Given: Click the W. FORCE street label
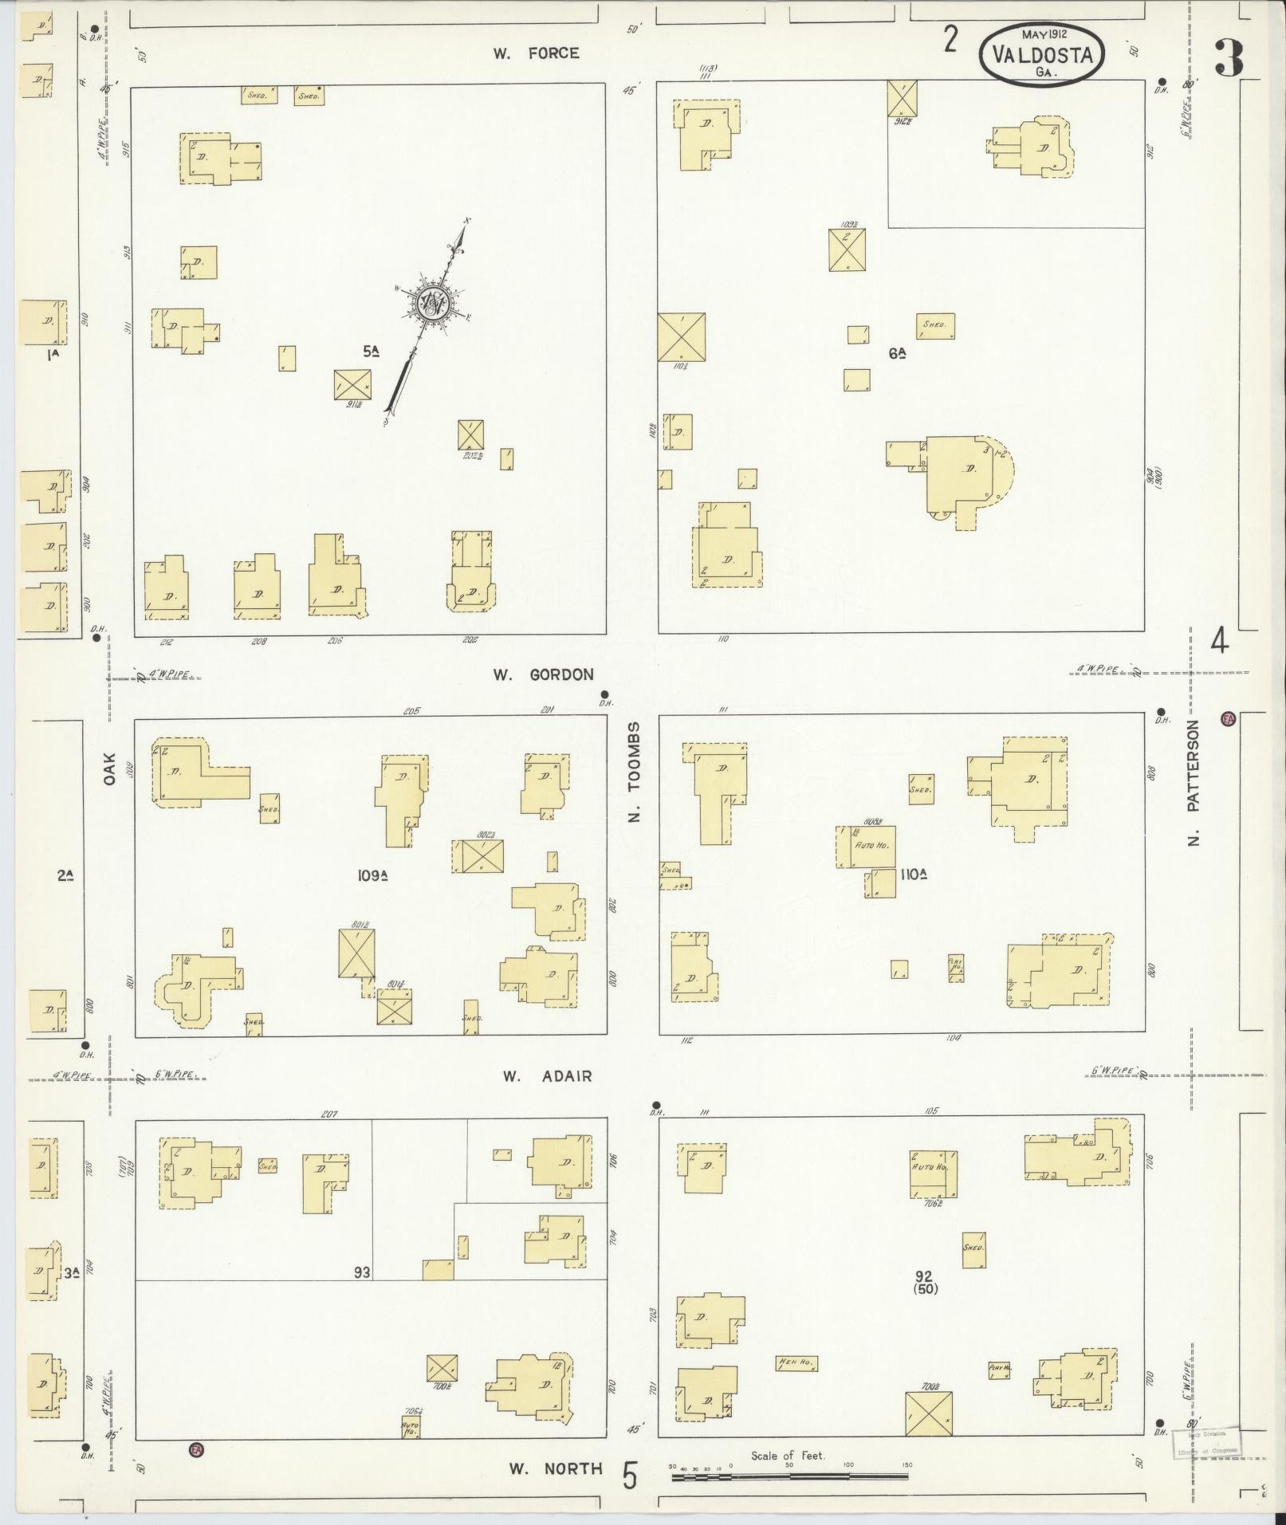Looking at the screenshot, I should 535,53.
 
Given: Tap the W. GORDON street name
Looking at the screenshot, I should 543,674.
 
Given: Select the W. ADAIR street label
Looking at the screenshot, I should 547,1076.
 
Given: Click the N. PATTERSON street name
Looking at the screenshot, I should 1194,782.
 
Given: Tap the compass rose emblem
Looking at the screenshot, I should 433,305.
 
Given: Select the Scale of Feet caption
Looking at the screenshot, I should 788,1456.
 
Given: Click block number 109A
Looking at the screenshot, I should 372,875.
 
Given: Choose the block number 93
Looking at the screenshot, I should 362,1273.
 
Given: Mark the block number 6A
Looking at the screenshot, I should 898,353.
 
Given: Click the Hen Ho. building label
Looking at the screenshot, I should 796,1363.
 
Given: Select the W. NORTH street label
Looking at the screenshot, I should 556,1468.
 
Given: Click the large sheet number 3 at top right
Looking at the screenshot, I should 1229,58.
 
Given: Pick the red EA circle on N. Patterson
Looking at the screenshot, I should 1229,719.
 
